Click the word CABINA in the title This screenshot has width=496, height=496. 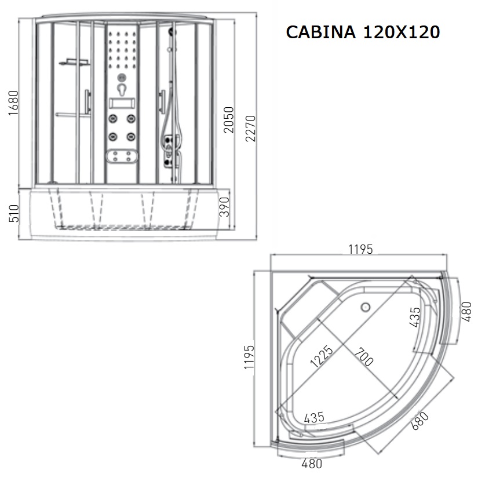[320, 32]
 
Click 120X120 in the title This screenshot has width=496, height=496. [402, 32]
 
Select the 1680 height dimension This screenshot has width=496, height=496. [13, 103]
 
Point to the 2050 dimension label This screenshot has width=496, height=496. [228, 119]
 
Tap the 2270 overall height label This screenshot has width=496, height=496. [251, 129]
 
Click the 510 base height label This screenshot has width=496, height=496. [14, 213]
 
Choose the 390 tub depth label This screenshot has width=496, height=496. [224, 207]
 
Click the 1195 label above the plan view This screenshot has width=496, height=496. [360, 249]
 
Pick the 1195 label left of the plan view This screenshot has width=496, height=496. [249, 357]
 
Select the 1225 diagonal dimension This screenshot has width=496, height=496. [322, 356]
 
